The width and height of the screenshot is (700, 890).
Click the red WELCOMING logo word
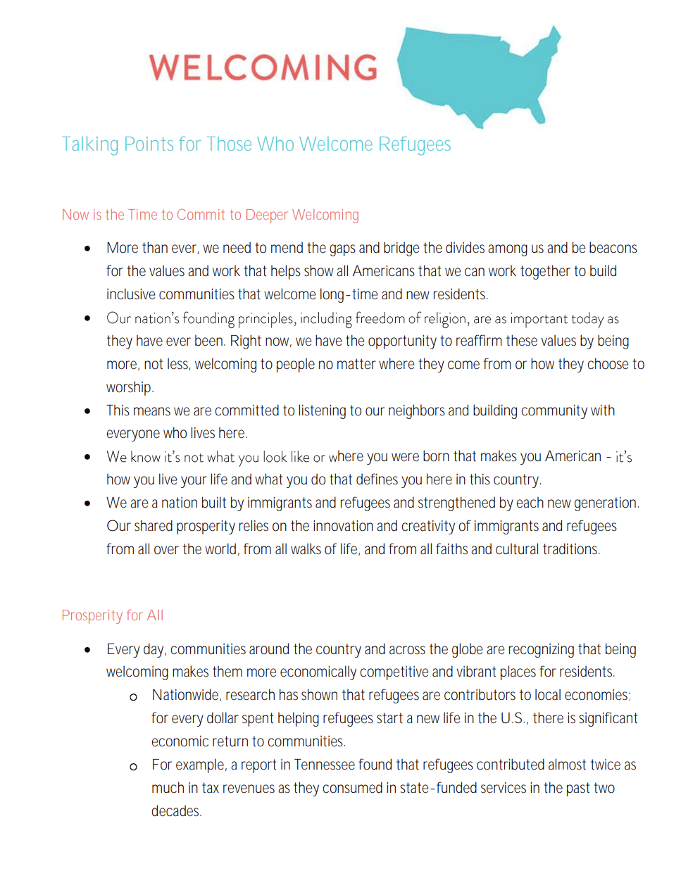coord(263,68)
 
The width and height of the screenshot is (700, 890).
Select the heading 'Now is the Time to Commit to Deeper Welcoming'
coord(210,215)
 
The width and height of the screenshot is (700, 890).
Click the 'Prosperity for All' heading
coord(112,615)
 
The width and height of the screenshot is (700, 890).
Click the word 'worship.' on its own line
coord(130,387)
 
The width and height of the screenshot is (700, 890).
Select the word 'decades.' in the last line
coord(176,811)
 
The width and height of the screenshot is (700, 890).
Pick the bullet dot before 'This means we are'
coord(87,411)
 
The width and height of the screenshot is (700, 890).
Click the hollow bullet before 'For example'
coord(133,767)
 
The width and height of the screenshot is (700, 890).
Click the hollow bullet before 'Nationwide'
coord(133,697)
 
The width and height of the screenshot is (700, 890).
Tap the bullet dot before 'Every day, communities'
coord(87,650)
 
